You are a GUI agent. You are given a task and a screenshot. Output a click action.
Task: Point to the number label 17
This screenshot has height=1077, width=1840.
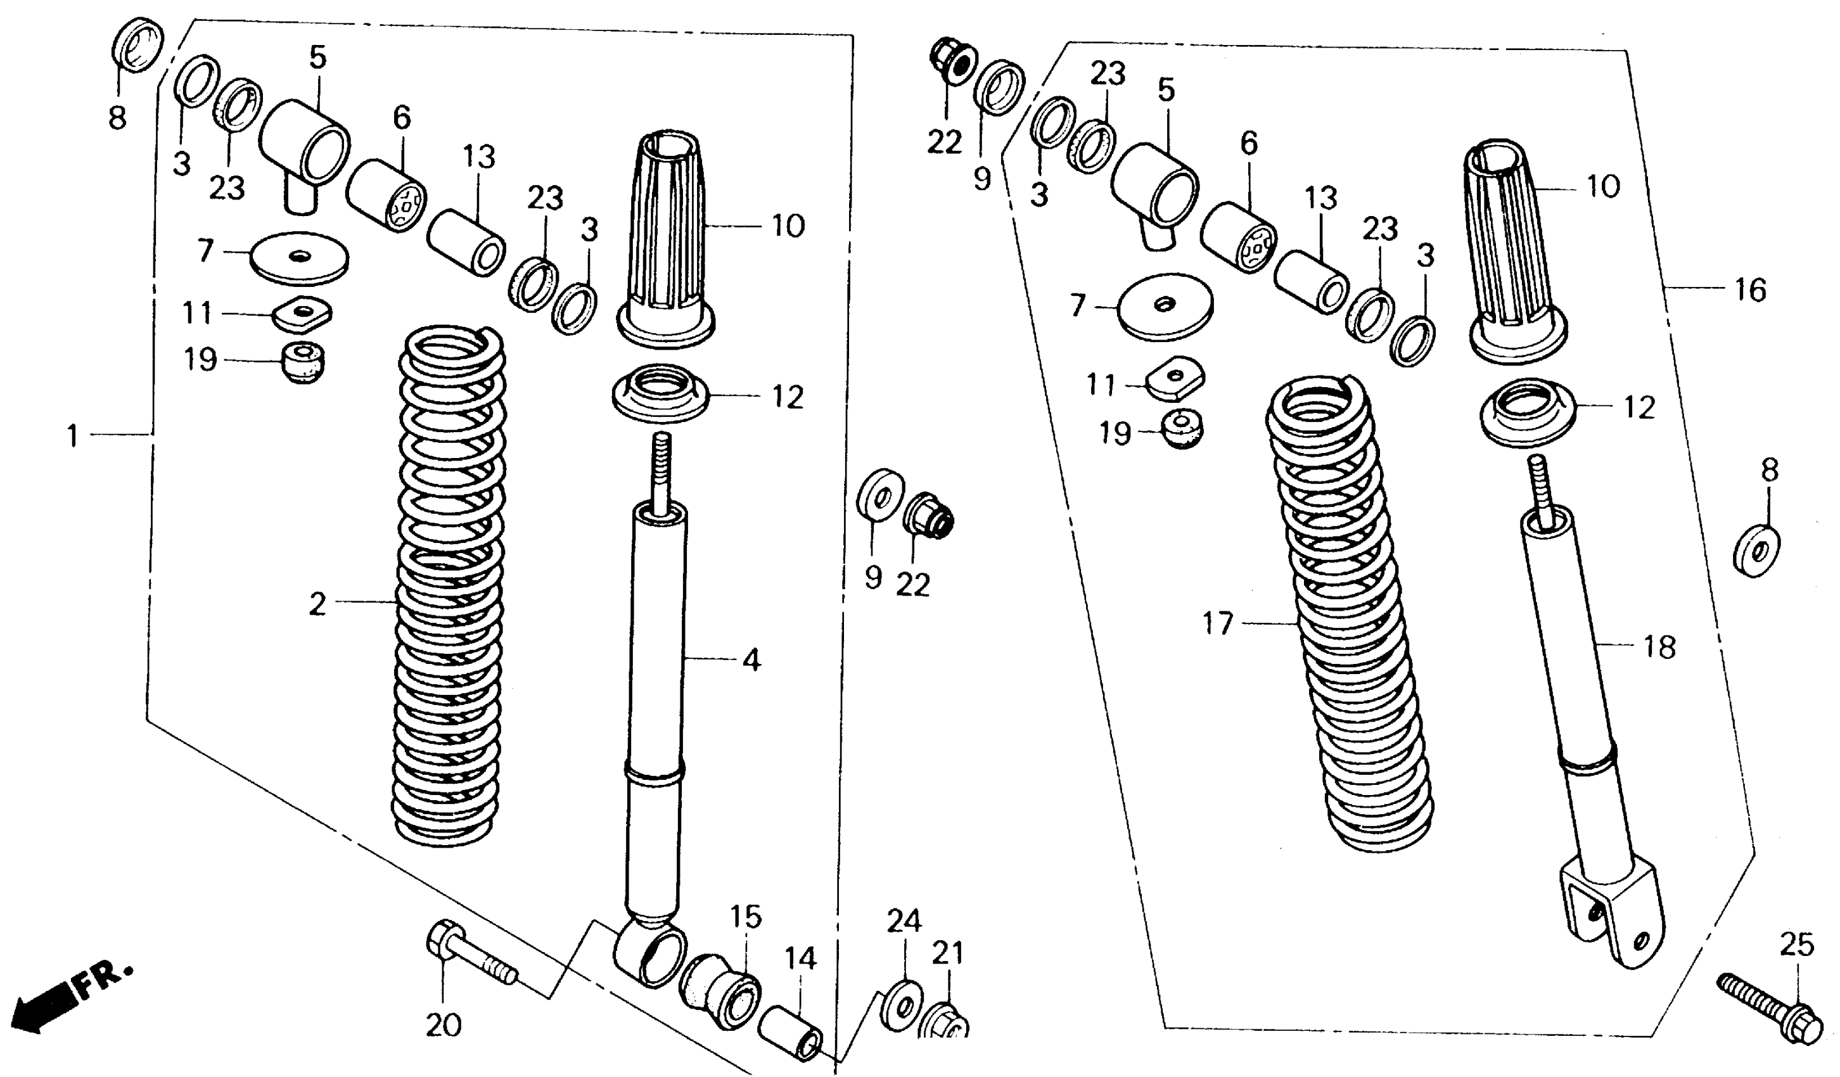1218,623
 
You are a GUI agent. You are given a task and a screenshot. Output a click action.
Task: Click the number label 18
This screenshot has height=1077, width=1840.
1659,647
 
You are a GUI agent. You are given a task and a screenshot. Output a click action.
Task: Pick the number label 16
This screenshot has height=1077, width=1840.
1750,291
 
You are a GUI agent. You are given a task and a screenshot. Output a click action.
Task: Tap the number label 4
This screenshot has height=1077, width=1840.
751,660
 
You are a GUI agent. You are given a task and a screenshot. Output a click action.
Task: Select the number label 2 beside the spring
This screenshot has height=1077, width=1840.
317,604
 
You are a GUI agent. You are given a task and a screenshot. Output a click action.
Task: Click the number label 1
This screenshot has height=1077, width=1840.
72,437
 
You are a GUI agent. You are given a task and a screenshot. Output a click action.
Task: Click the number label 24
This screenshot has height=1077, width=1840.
905,922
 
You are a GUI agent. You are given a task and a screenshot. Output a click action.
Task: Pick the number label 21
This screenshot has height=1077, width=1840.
948,953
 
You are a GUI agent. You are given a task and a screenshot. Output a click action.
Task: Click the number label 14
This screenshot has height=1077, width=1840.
800,958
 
